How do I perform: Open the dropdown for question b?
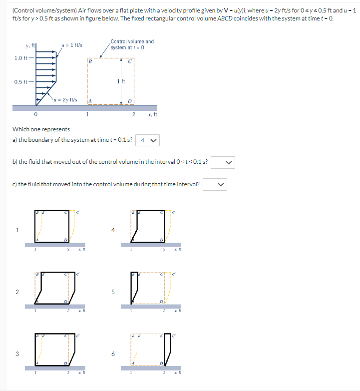tap(222, 162)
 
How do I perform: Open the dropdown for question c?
tap(215, 184)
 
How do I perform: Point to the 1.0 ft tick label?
tap(21, 58)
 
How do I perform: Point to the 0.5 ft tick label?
tap(21, 82)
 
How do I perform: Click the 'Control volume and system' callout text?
tap(132, 44)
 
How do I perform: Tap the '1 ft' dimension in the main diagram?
tap(121, 81)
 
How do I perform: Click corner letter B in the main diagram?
tap(90, 61)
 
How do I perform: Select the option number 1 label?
tap(17, 230)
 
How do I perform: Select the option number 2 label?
tap(17, 292)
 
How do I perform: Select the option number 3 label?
tap(17, 355)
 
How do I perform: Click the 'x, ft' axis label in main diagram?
tap(152, 114)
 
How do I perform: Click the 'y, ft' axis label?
tap(30, 46)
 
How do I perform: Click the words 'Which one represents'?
tap(41, 129)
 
